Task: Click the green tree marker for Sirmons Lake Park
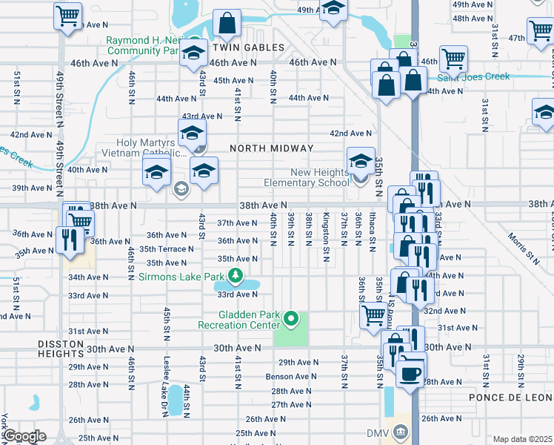(x=236, y=277)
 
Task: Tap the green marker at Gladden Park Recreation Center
(x=291, y=320)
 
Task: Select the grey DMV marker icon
(x=401, y=432)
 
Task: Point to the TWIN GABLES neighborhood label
(x=249, y=47)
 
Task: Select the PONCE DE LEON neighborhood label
(x=511, y=398)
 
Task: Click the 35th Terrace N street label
(x=167, y=249)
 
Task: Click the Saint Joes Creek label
(x=473, y=76)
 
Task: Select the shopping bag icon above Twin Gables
(x=227, y=24)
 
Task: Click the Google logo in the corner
(x=24, y=436)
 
